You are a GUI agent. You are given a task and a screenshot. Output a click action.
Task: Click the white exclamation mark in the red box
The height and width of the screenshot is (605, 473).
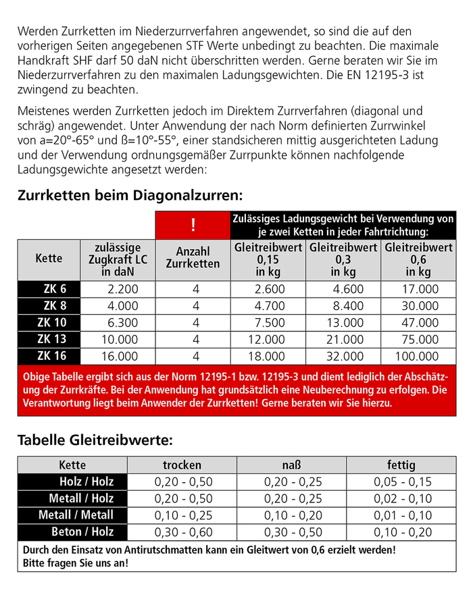click(193, 225)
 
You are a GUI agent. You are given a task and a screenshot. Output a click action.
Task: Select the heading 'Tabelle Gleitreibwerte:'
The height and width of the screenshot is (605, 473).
click(95, 440)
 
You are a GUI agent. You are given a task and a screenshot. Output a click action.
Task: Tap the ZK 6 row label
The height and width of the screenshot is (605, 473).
click(51, 288)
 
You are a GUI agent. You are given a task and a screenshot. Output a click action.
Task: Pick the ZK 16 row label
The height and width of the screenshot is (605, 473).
click(51, 356)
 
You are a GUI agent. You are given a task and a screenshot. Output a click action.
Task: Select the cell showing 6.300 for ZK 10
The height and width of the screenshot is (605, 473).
click(119, 322)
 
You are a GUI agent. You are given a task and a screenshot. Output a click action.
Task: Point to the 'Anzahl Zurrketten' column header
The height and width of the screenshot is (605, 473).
click(193, 259)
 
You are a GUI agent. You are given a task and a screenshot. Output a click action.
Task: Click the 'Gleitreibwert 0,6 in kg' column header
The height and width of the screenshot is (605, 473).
click(418, 259)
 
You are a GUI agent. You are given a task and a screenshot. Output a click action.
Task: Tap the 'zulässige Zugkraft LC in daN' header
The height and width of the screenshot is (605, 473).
click(119, 259)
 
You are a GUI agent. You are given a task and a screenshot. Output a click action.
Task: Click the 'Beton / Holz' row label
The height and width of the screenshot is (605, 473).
click(82, 531)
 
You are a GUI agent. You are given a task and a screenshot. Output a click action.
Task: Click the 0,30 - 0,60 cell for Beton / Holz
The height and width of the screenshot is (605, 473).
click(183, 531)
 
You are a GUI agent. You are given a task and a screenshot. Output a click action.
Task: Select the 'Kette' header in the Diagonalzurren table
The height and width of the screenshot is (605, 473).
click(49, 259)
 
